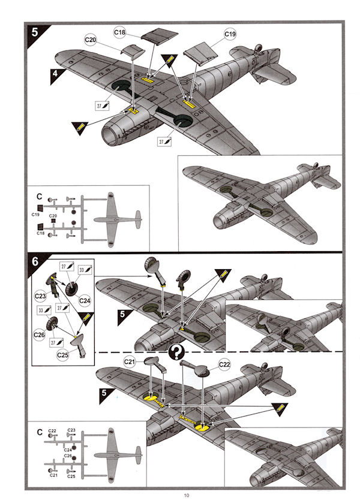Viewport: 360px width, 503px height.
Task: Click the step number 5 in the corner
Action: (35, 31)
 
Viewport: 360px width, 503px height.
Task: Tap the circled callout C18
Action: (119, 31)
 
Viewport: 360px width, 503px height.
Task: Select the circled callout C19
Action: (230, 34)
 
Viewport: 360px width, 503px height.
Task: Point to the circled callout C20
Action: (91, 40)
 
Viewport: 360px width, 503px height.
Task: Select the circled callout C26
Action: (40, 333)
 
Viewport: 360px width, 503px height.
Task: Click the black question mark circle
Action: (177, 351)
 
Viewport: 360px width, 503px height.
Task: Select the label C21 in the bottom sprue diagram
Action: (53, 475)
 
